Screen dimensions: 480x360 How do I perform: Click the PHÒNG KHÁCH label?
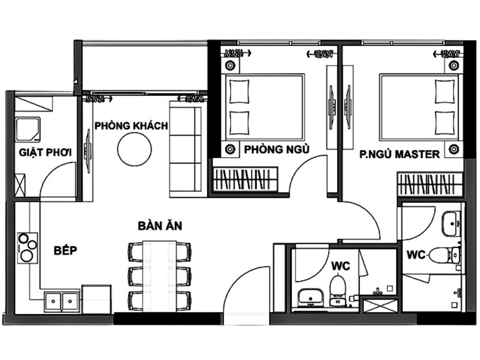(131, 125)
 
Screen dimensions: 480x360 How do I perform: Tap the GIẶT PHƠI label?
(45, 152)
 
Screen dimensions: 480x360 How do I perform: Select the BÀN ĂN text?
(160, 225)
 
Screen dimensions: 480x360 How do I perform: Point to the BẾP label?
(65, 250)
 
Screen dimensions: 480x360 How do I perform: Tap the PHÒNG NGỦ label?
(276, 149)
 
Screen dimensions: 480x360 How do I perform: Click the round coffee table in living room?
(134, 149)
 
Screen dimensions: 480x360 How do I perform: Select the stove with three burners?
(27, 248)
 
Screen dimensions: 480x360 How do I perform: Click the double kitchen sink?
(61, 302)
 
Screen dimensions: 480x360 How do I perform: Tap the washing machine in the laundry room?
(28, 129)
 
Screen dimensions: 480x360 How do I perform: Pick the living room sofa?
(185, 149)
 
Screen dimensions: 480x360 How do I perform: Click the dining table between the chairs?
(159, 276)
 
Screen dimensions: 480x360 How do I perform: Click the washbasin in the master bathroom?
(451, 224)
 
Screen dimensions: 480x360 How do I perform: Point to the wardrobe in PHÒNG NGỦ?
(245, 179)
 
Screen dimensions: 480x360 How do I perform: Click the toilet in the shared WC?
(337, 290)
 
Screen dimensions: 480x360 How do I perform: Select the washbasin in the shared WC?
(310, 297)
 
